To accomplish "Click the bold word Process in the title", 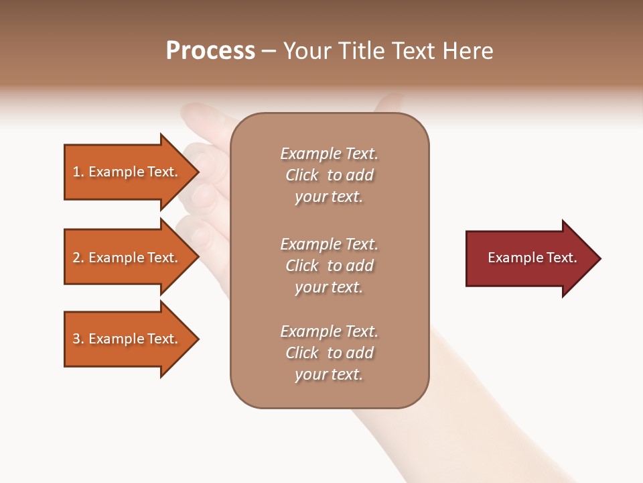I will pos(210,51).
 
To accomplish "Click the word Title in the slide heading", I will pos(362,51).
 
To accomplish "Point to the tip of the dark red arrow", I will pos(599,258).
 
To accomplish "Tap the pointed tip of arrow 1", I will pos(197,172).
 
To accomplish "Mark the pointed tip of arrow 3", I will pos(197,339).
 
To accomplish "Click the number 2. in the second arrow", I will pos(78,258).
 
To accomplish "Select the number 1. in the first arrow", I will pos(78,172).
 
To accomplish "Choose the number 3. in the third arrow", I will pos(78,339).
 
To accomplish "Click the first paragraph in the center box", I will pos(329,175).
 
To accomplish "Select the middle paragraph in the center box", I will pos(329,266).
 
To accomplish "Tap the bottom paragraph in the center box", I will pos(329,353).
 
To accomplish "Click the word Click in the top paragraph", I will pos(302,175).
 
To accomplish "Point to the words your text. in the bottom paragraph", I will pos(329,374).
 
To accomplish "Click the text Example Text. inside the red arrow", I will pos(532,258).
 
